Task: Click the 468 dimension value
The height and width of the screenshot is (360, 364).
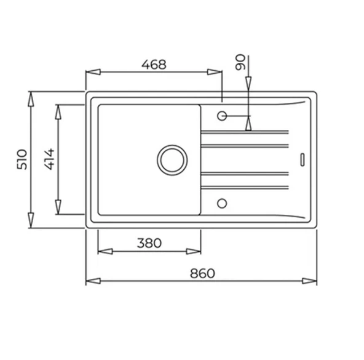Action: [153, 64]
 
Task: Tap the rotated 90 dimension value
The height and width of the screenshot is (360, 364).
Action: [240, 62]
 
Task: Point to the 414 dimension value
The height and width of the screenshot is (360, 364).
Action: [49, 159]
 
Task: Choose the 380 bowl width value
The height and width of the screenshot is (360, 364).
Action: [149, 243]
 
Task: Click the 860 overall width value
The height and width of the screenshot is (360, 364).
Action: [202, 273]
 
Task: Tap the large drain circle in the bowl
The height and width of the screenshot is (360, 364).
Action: [172, 159]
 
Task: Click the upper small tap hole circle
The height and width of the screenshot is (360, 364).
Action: [222, 115]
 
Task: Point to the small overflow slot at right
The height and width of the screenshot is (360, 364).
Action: [302, 158]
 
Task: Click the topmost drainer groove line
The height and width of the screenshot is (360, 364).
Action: [244, 131]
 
